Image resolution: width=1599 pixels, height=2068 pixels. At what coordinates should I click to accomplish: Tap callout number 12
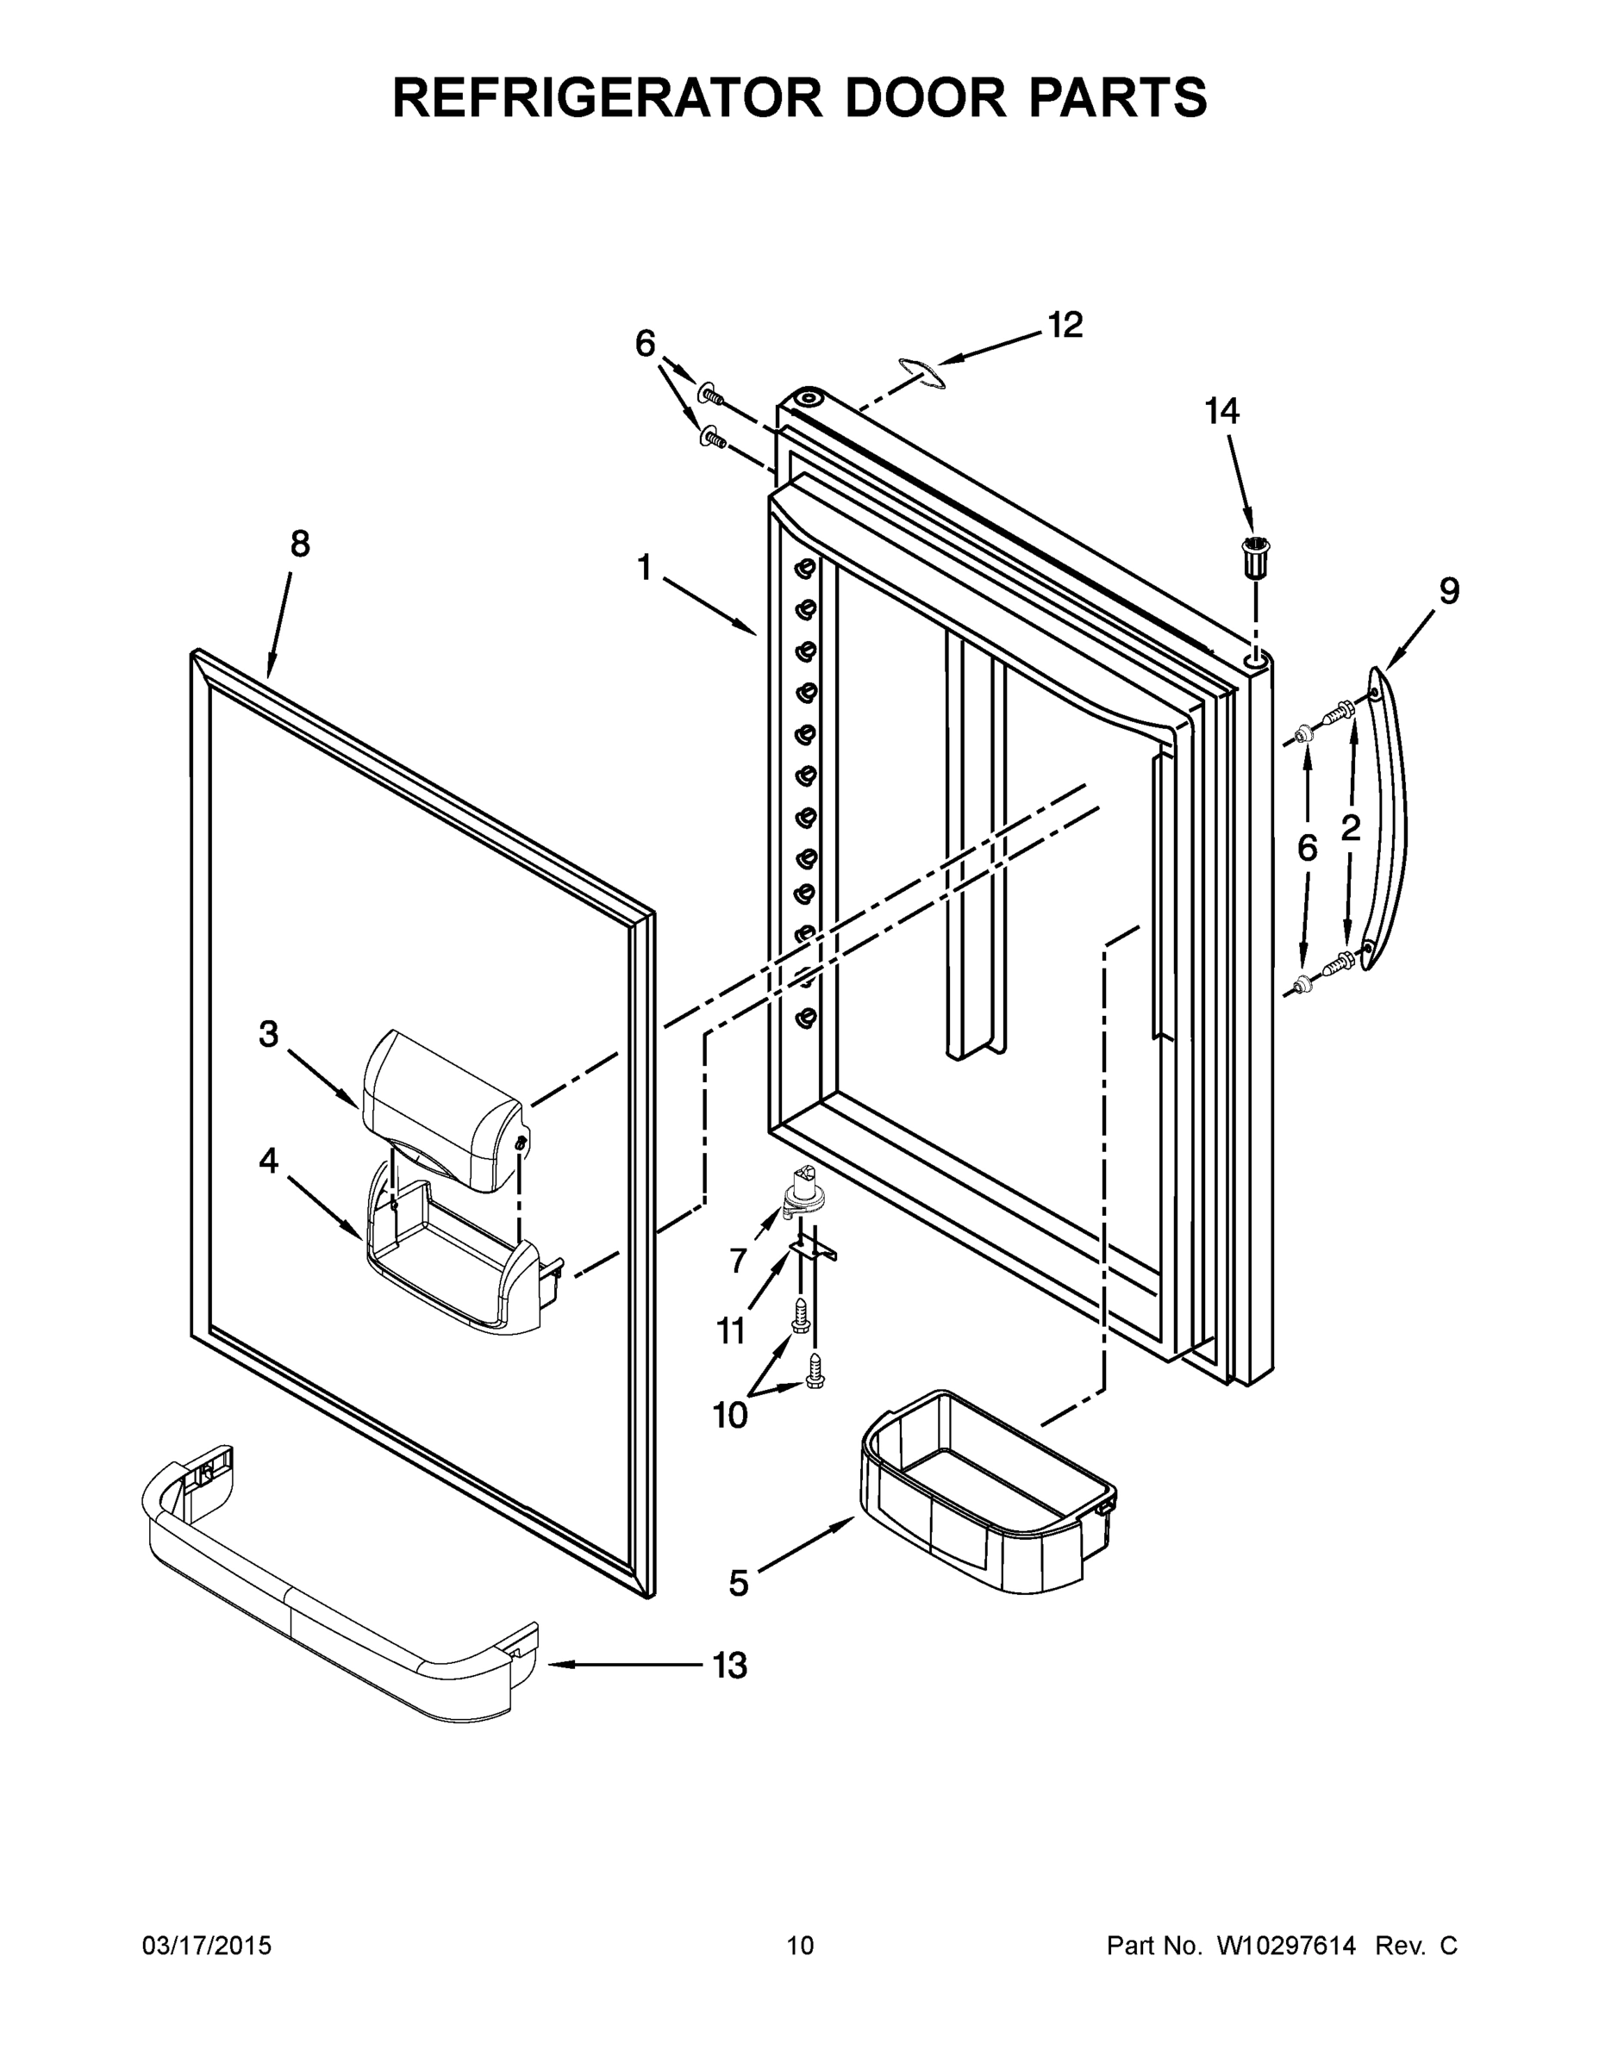point(1065,325)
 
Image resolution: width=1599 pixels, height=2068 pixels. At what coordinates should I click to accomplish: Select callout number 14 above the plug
point(1221,411)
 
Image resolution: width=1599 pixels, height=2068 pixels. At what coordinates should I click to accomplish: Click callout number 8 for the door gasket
point(299,545)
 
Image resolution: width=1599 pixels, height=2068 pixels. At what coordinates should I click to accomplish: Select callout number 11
point(730,1331)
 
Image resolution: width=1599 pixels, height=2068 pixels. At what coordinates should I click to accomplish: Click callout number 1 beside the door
point(644,568)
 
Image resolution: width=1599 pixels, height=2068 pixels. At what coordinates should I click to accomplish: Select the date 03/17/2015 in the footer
point(207,1946)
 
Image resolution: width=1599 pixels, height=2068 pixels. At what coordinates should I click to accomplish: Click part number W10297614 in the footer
point(1285,1946)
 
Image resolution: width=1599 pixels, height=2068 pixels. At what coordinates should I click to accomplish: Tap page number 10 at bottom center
point(800,1946)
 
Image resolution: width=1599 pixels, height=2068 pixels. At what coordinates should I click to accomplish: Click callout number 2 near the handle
point(1350,827)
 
